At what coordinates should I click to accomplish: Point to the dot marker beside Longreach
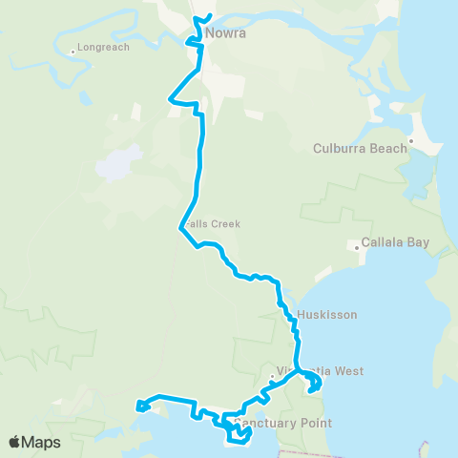73,50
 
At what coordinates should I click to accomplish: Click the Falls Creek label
212,224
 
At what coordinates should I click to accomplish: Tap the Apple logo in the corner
15,443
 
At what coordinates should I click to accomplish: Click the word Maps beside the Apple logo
42,443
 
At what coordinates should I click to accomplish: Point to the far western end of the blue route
139,406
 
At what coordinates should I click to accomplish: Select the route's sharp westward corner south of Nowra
170,97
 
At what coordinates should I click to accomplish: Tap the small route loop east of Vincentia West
314,385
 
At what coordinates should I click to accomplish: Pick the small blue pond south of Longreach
85,97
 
